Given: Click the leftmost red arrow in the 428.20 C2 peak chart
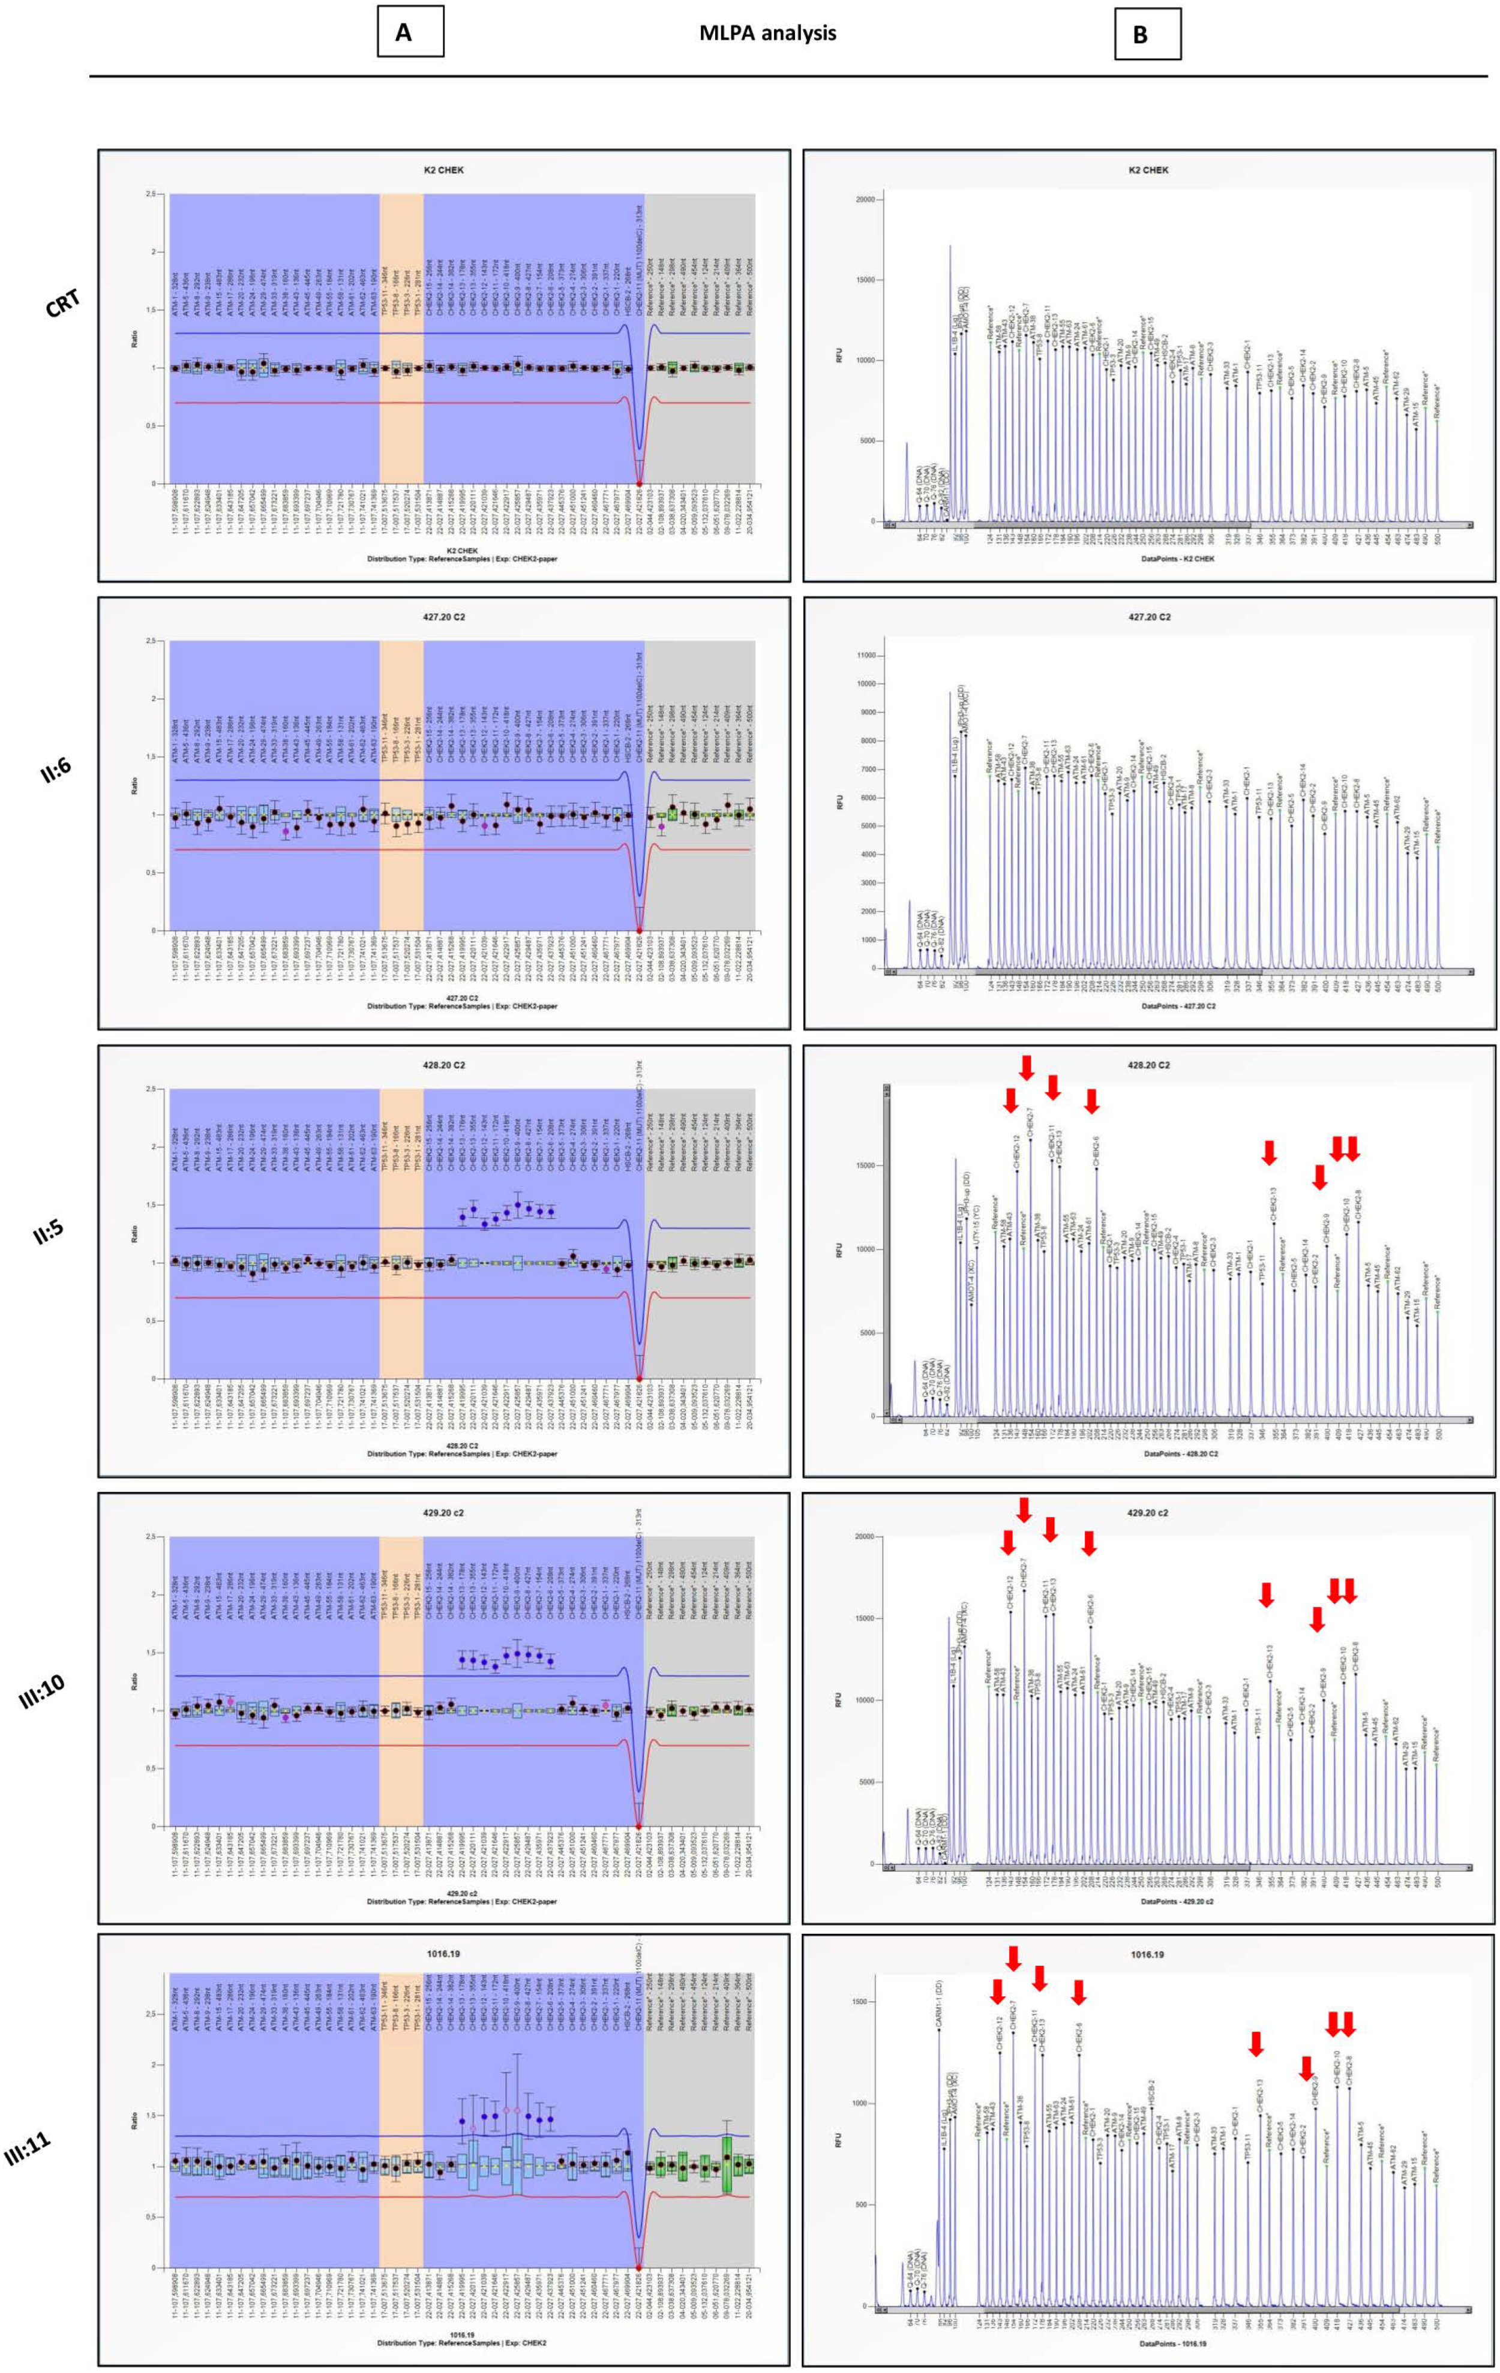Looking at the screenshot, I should tap(1010, 1100).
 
